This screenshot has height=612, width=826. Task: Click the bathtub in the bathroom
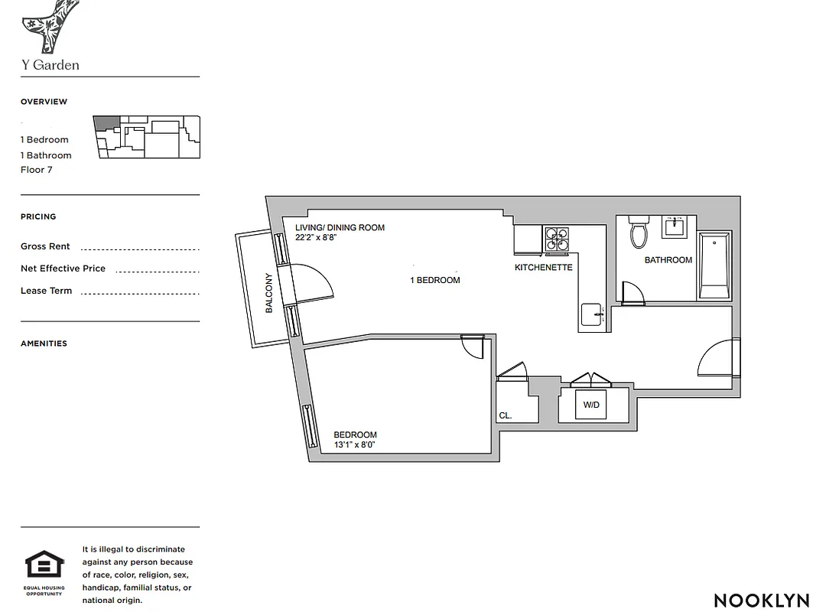[x=714, y=265]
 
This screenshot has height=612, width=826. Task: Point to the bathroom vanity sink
[x=675, y=227]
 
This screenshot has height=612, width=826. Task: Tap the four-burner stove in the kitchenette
[x=557, y=239]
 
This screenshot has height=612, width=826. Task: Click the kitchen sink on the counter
[x=593, y=314]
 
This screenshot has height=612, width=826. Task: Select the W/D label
[x=591, y=405]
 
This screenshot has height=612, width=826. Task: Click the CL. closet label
[x=505, y=415]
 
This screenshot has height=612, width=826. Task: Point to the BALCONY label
[x=269, y=293]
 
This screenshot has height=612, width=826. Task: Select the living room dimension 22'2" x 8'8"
[x=317, y=238]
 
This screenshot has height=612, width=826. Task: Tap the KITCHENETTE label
[x=543, y=268]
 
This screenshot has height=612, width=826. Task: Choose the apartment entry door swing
[x=717, y=358]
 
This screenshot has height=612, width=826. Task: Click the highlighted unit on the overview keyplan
[x=106, y=123]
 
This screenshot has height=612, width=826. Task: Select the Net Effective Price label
[x=63, y=269]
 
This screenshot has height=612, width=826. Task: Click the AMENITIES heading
[x=44, y=343]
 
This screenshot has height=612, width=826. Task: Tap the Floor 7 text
[x=37, y=170]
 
